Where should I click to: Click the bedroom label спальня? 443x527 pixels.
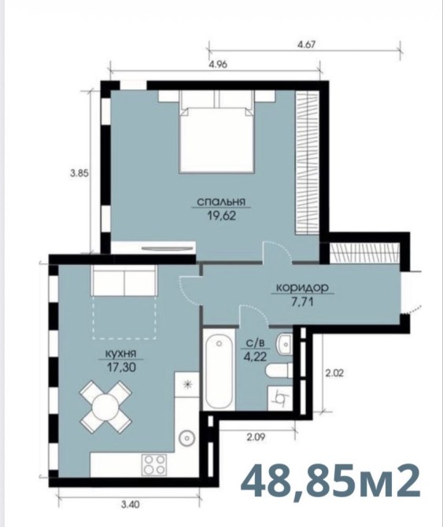click(x=221, y=202)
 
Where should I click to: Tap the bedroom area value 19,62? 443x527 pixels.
click(x=222, y=216)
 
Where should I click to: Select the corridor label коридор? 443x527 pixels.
click(x=302, y=288)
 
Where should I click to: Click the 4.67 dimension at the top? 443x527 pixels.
click(x=307, y=45)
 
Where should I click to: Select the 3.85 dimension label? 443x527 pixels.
click(x=79, y=173)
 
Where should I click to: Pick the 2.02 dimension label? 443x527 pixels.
click(x=334, y=373)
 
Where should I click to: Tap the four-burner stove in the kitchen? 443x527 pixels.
click(x=154, y=464)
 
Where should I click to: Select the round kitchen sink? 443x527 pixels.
click(x=187, y=437)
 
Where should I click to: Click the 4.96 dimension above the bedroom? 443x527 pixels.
click(x=218, y=64)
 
